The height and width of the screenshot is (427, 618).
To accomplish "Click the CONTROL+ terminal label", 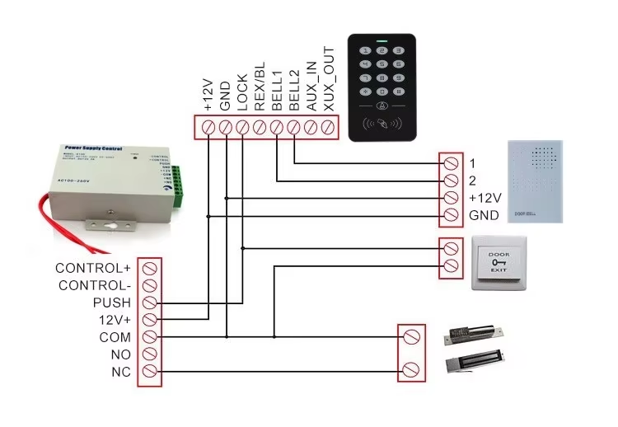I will tap(93, 268).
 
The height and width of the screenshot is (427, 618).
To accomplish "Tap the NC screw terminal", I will tap(150, 372).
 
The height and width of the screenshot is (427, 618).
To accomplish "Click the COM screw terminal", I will tap(150, 337).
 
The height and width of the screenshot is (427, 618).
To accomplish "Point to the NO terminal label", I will tap(120, 354).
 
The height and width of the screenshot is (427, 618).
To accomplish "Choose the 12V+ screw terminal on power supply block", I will tap(150, 320).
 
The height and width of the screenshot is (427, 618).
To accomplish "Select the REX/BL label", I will tap(260, 89).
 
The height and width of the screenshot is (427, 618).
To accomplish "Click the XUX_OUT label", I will tap(329, 80).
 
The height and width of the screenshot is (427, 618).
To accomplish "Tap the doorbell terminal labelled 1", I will tap(451, 162).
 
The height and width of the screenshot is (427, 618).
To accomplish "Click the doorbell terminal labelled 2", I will tap(451, 181).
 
